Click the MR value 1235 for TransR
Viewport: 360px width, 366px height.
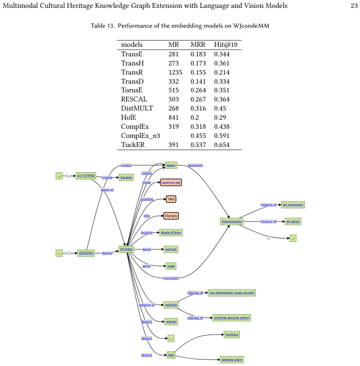[x=175, y=72]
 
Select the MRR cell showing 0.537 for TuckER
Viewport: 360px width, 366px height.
[x=198, y=145]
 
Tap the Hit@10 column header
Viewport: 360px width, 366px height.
[x=226, y=45]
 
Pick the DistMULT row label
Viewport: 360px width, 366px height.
[x=137, y=108]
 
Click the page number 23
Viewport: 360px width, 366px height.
[x=354, y=6]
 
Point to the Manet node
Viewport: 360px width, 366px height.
[x=171, y=165]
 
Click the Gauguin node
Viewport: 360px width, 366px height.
[x=126, y=177]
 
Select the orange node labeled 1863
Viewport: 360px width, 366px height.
[x=171, y=199]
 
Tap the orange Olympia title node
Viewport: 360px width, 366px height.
[x=171, y=216]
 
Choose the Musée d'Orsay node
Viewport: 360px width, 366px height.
[x=171, y=233]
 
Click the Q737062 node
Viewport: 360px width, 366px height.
[x=126, y=249]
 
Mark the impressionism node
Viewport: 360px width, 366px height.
[x=232, y=222]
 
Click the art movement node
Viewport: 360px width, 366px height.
[x=293, y=205]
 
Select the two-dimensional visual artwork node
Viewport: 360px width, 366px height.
[x=232, y=293]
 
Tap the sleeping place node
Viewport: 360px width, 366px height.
[x=232, y=360]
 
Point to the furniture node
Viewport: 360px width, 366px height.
[x=232, y=335]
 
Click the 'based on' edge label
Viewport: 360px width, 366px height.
[x=107, y=190]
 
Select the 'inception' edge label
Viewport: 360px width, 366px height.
[x=147, y=199]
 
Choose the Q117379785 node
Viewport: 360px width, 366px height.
[x=86, y=176]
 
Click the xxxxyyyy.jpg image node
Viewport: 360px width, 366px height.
[x=171, y=182]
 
